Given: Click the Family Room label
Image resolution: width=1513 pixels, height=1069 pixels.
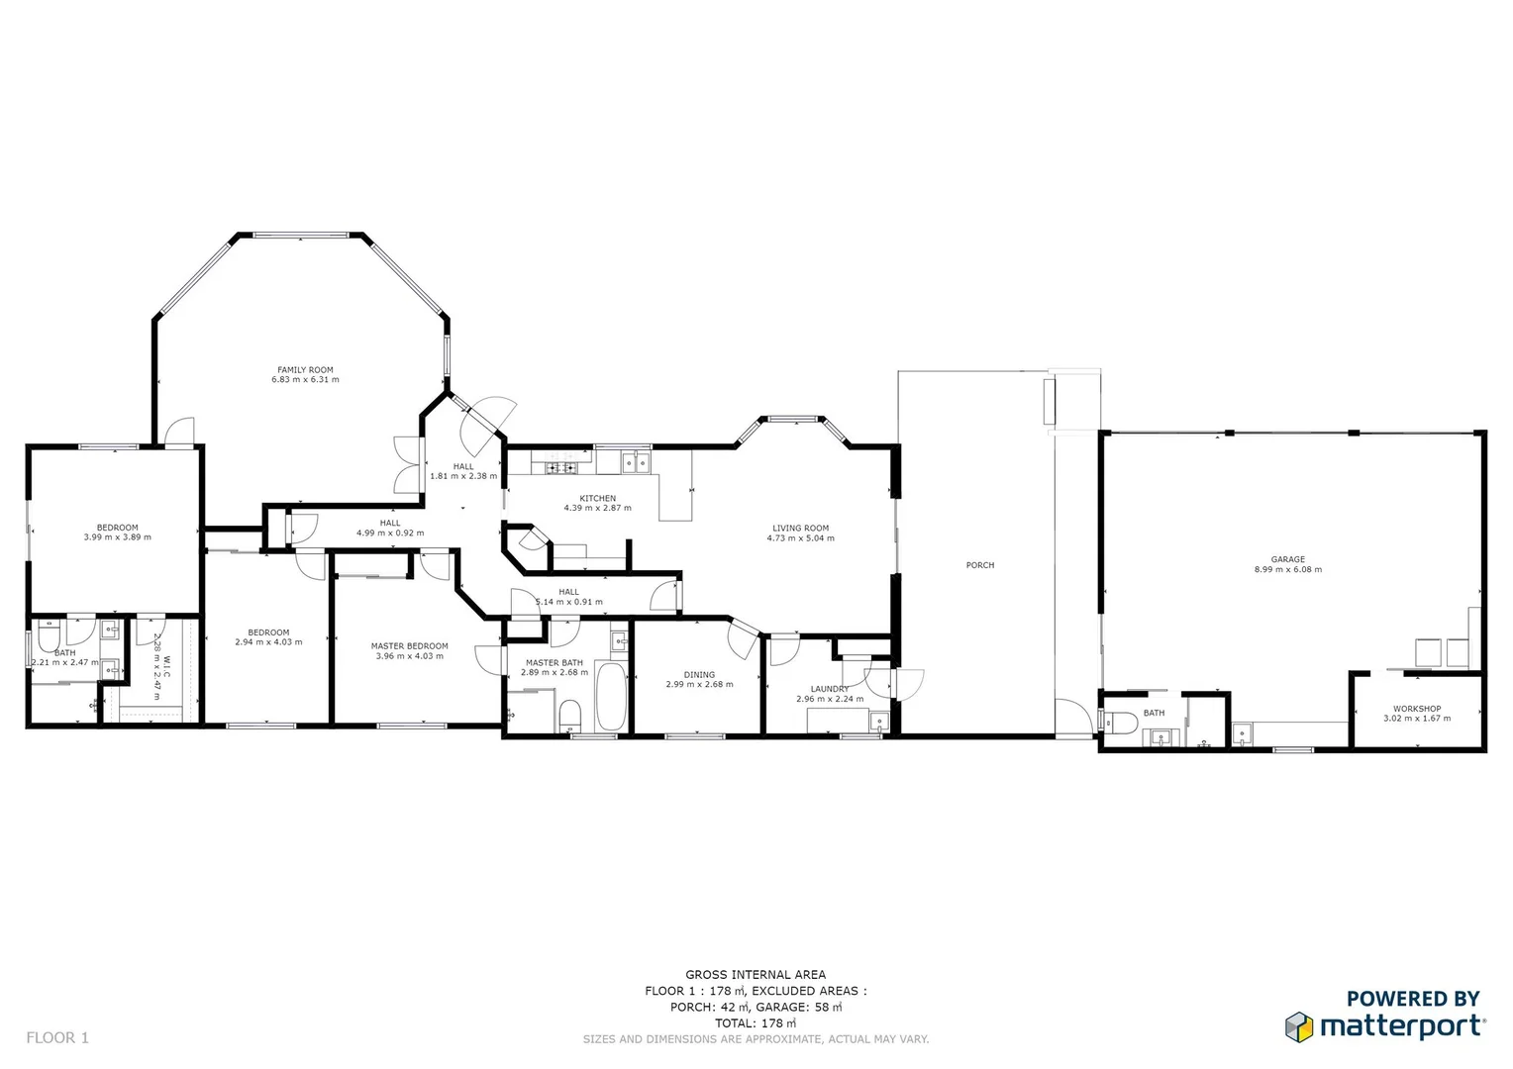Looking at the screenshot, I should tap(305, 370).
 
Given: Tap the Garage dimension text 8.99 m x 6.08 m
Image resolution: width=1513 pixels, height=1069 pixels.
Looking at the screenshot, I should tap(1287, 570).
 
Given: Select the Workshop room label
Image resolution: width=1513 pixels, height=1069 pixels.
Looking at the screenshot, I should tap(1416, 709).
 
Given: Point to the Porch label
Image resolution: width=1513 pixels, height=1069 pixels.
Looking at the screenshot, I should tap(979, 565).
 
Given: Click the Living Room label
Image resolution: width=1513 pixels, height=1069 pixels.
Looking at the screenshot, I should tap(800, 529).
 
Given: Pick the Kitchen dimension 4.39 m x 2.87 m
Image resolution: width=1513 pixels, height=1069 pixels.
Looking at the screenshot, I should tap(597, 509).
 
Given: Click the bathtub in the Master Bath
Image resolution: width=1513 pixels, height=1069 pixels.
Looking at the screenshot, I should tap(610, 697).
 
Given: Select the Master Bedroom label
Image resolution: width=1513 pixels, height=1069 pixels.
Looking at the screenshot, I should tap(409, 646).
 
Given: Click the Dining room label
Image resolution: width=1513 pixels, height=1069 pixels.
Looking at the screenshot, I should tap(699, 675).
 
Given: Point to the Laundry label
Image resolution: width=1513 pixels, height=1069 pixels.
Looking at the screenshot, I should tap(829, 689).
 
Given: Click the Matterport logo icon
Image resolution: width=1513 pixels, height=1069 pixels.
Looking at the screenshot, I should tap(1298, 1026).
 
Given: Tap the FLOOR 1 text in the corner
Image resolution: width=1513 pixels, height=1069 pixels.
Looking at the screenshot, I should tap(57, 1037).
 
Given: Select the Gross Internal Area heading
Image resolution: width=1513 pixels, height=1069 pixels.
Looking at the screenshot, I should tap(755, 975).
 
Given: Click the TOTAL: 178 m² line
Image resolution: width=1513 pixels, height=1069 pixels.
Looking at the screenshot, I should tap(755, 1023).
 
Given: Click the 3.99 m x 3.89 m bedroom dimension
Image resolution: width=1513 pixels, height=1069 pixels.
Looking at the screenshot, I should tap(117, 537).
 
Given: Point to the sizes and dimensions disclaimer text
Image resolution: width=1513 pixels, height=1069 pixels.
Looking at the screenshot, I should tap(755, 1039).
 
